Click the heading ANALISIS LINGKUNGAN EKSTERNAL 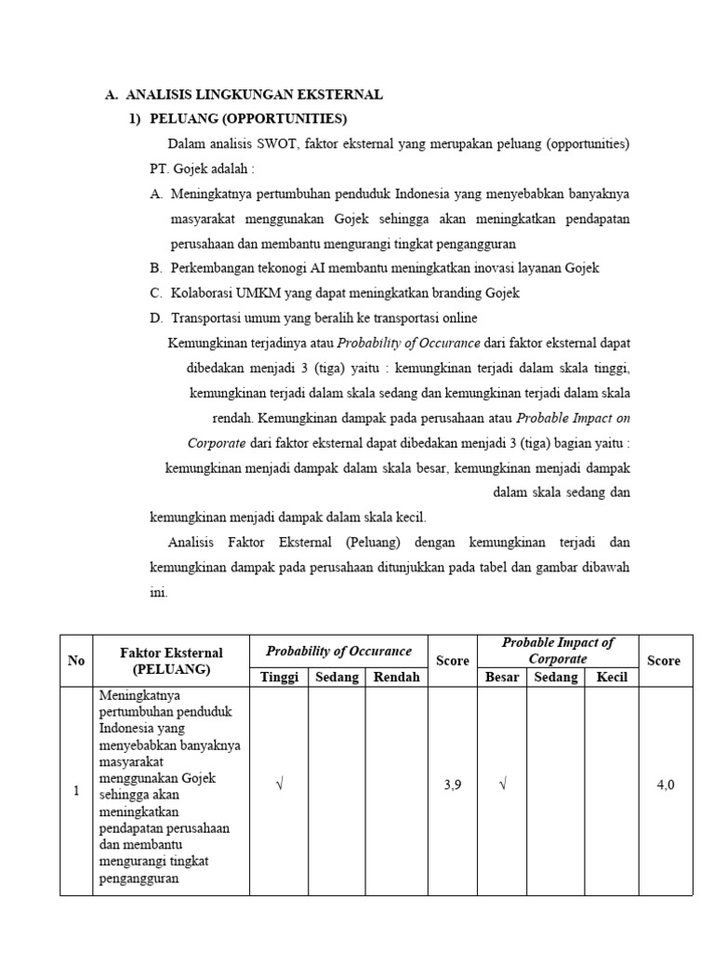pyautogui.click(x=254, y=95)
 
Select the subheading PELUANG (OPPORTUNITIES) pyautogui.click(x=248, y=119)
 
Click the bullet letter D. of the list pyautogui.click(x=156, y=318)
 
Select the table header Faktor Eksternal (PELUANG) pyautogui.click(x=171, y=661)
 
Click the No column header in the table pyautogui.click(x=76, y=661)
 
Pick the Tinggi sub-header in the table pyautogui.click(x=278, y=678)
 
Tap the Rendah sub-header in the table pyautogui.click(x=396, y=678)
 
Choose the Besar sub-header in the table pyautogui.click(x=502, y=678)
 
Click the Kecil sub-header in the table pyautogui.click(x=612, y=678)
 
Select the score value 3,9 pyautogui.click(x=454, y=785)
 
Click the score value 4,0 pyautogui.click(x=665, y=785)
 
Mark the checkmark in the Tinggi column pyautogui.click(x=278, y=785)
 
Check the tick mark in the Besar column pyautogui.click(x=502, y=785)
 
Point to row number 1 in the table pyautogui.click(x=76, y=791)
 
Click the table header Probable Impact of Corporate pyautogui.click(x=558, y=651)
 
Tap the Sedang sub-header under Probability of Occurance pyautogui.click(x=337, y=678)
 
